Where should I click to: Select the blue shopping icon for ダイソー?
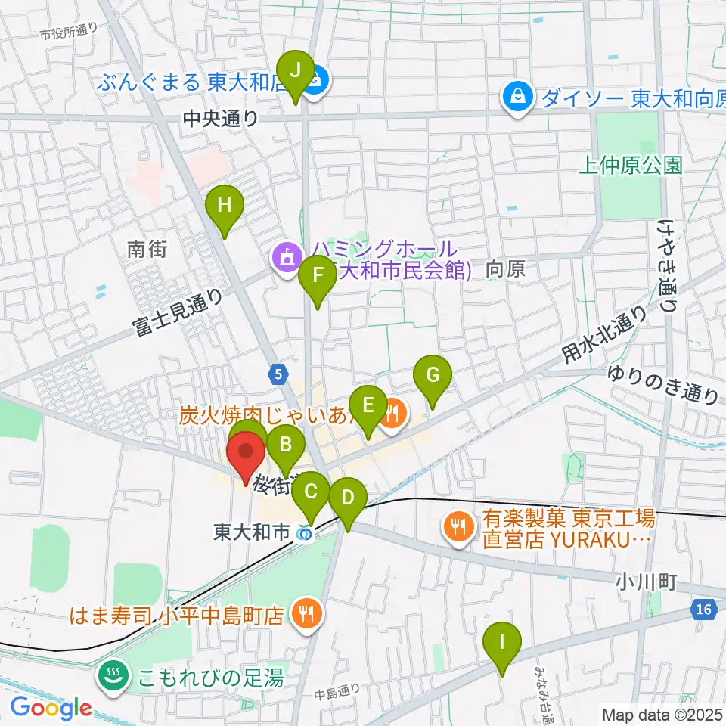pyautogui.click(x=517, y=97)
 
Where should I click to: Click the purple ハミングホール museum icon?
pyautogui.click(x=287, y=259)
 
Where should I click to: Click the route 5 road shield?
pyautogui.click(x=279, y=373)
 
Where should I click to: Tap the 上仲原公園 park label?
pyautogui.click(x=630, y=165)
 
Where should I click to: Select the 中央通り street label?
pyautogui.click(x=220, y=119)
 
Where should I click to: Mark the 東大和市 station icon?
pyautogui.click(x=304, y=533)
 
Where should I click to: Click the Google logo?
pyautogui.click(x=51, y=708)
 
